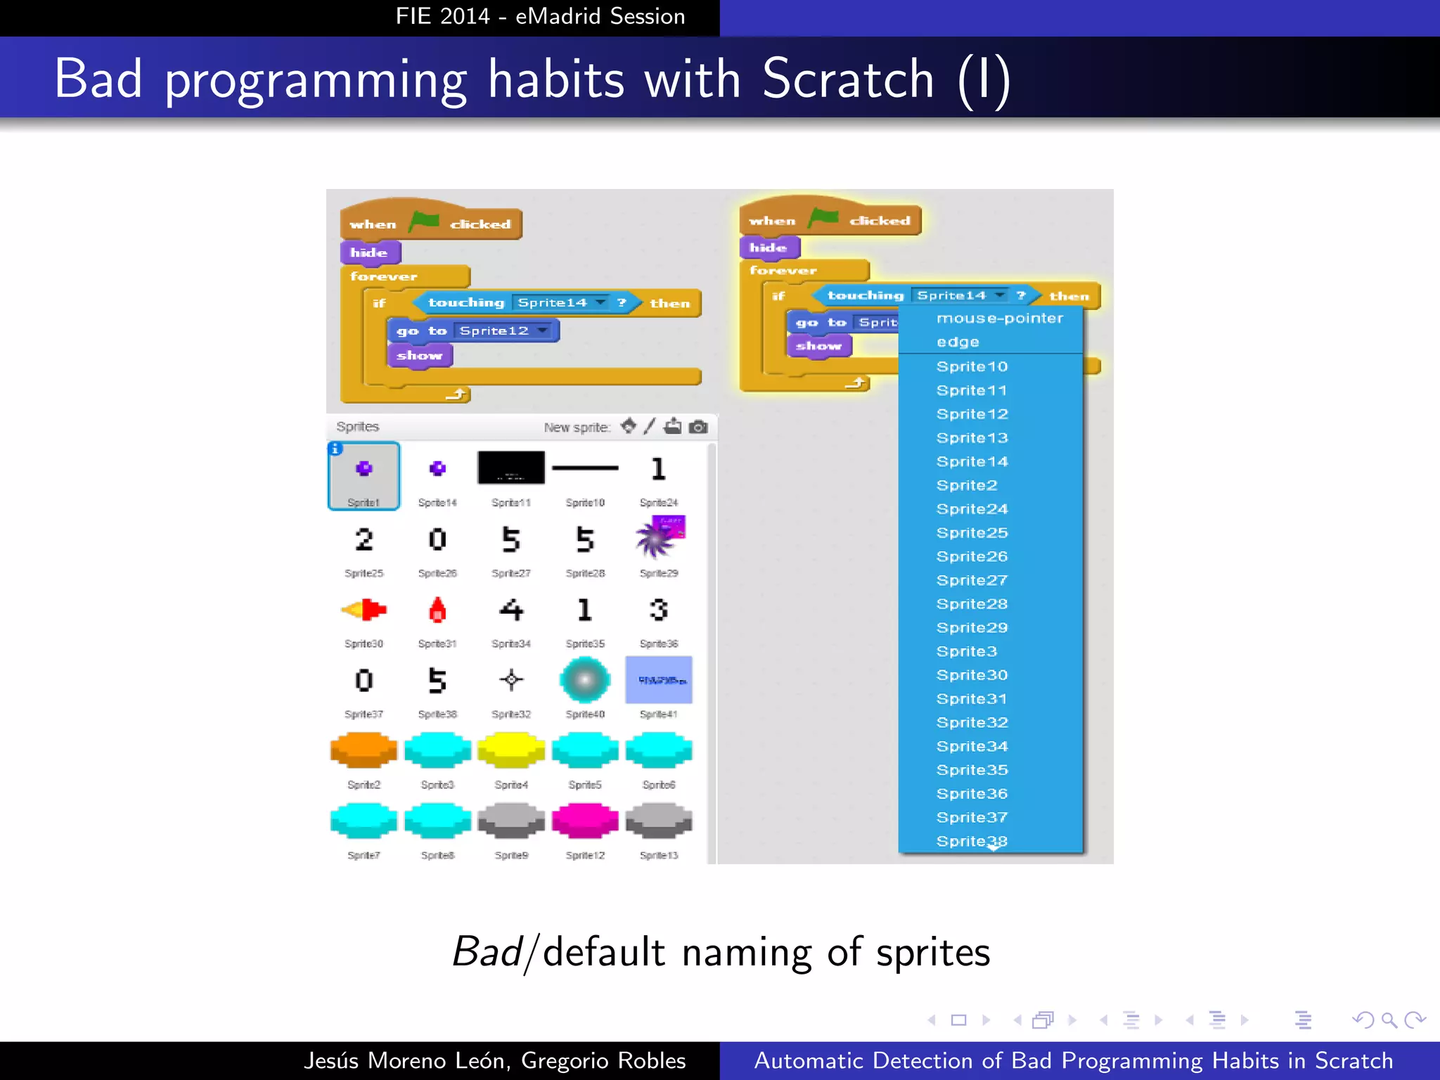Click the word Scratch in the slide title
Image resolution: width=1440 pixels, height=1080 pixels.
tap(847, 79)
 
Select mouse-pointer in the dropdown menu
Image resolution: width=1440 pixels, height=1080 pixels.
tap(999, 319)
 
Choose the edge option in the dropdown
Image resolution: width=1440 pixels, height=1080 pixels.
tap(958, 342)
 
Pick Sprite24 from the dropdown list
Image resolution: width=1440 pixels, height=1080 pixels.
tap(972, 509)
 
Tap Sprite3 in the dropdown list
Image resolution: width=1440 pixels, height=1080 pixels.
tap(966, 652)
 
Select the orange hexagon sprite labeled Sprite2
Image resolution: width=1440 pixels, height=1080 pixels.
tap(364, 750)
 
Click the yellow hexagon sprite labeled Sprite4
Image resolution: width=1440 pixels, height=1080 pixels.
tap(511, 750)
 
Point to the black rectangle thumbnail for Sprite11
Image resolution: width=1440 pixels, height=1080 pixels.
tap(511, 468)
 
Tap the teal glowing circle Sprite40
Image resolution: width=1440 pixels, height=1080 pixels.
tap(585, 680)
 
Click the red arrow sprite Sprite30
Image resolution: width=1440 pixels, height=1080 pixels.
tap(364, 610)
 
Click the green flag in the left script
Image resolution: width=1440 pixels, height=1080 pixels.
tap(424, 221)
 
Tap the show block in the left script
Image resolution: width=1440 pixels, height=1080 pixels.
tap(419, 356)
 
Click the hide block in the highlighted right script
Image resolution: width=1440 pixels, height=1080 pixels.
tap(769, 247)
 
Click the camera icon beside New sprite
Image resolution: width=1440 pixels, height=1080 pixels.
tap(698, 427)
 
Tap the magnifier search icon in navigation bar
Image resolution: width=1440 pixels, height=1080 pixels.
tap(1389, 1020)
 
